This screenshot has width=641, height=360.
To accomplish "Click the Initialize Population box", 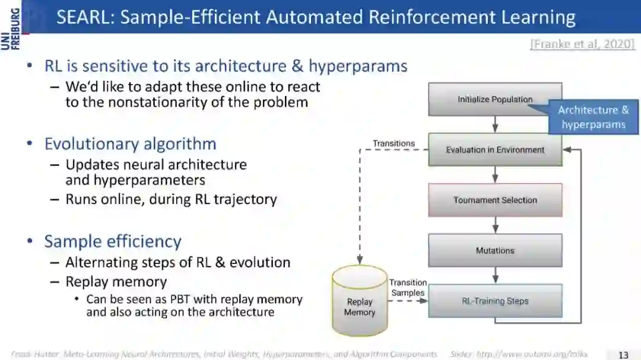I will (x=494, y=99).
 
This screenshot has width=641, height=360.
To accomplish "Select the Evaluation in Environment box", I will (x=494, y=149).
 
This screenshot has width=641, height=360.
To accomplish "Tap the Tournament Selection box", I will (x=494, y=200).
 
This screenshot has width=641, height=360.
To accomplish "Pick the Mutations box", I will (x=494, y=250).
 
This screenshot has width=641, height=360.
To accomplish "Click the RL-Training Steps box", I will (x=494, y=301).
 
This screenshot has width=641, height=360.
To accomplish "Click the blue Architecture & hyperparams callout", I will (x=593, y=117).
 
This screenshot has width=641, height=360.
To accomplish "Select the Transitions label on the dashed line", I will (x=394, y=144).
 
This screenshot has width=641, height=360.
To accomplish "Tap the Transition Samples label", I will (x=408, y=288).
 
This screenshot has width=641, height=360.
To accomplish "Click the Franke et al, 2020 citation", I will (x=582, y=44).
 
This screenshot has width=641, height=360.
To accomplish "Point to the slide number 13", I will (x=623, y=355).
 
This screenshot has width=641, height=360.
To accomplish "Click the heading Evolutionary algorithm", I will (x=130, y=144).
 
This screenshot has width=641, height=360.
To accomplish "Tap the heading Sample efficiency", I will (x=113, y=241).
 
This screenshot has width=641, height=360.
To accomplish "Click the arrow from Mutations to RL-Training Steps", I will (x=495, y=275).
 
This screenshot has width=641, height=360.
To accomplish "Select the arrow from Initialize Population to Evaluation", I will (x=495, y=124).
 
